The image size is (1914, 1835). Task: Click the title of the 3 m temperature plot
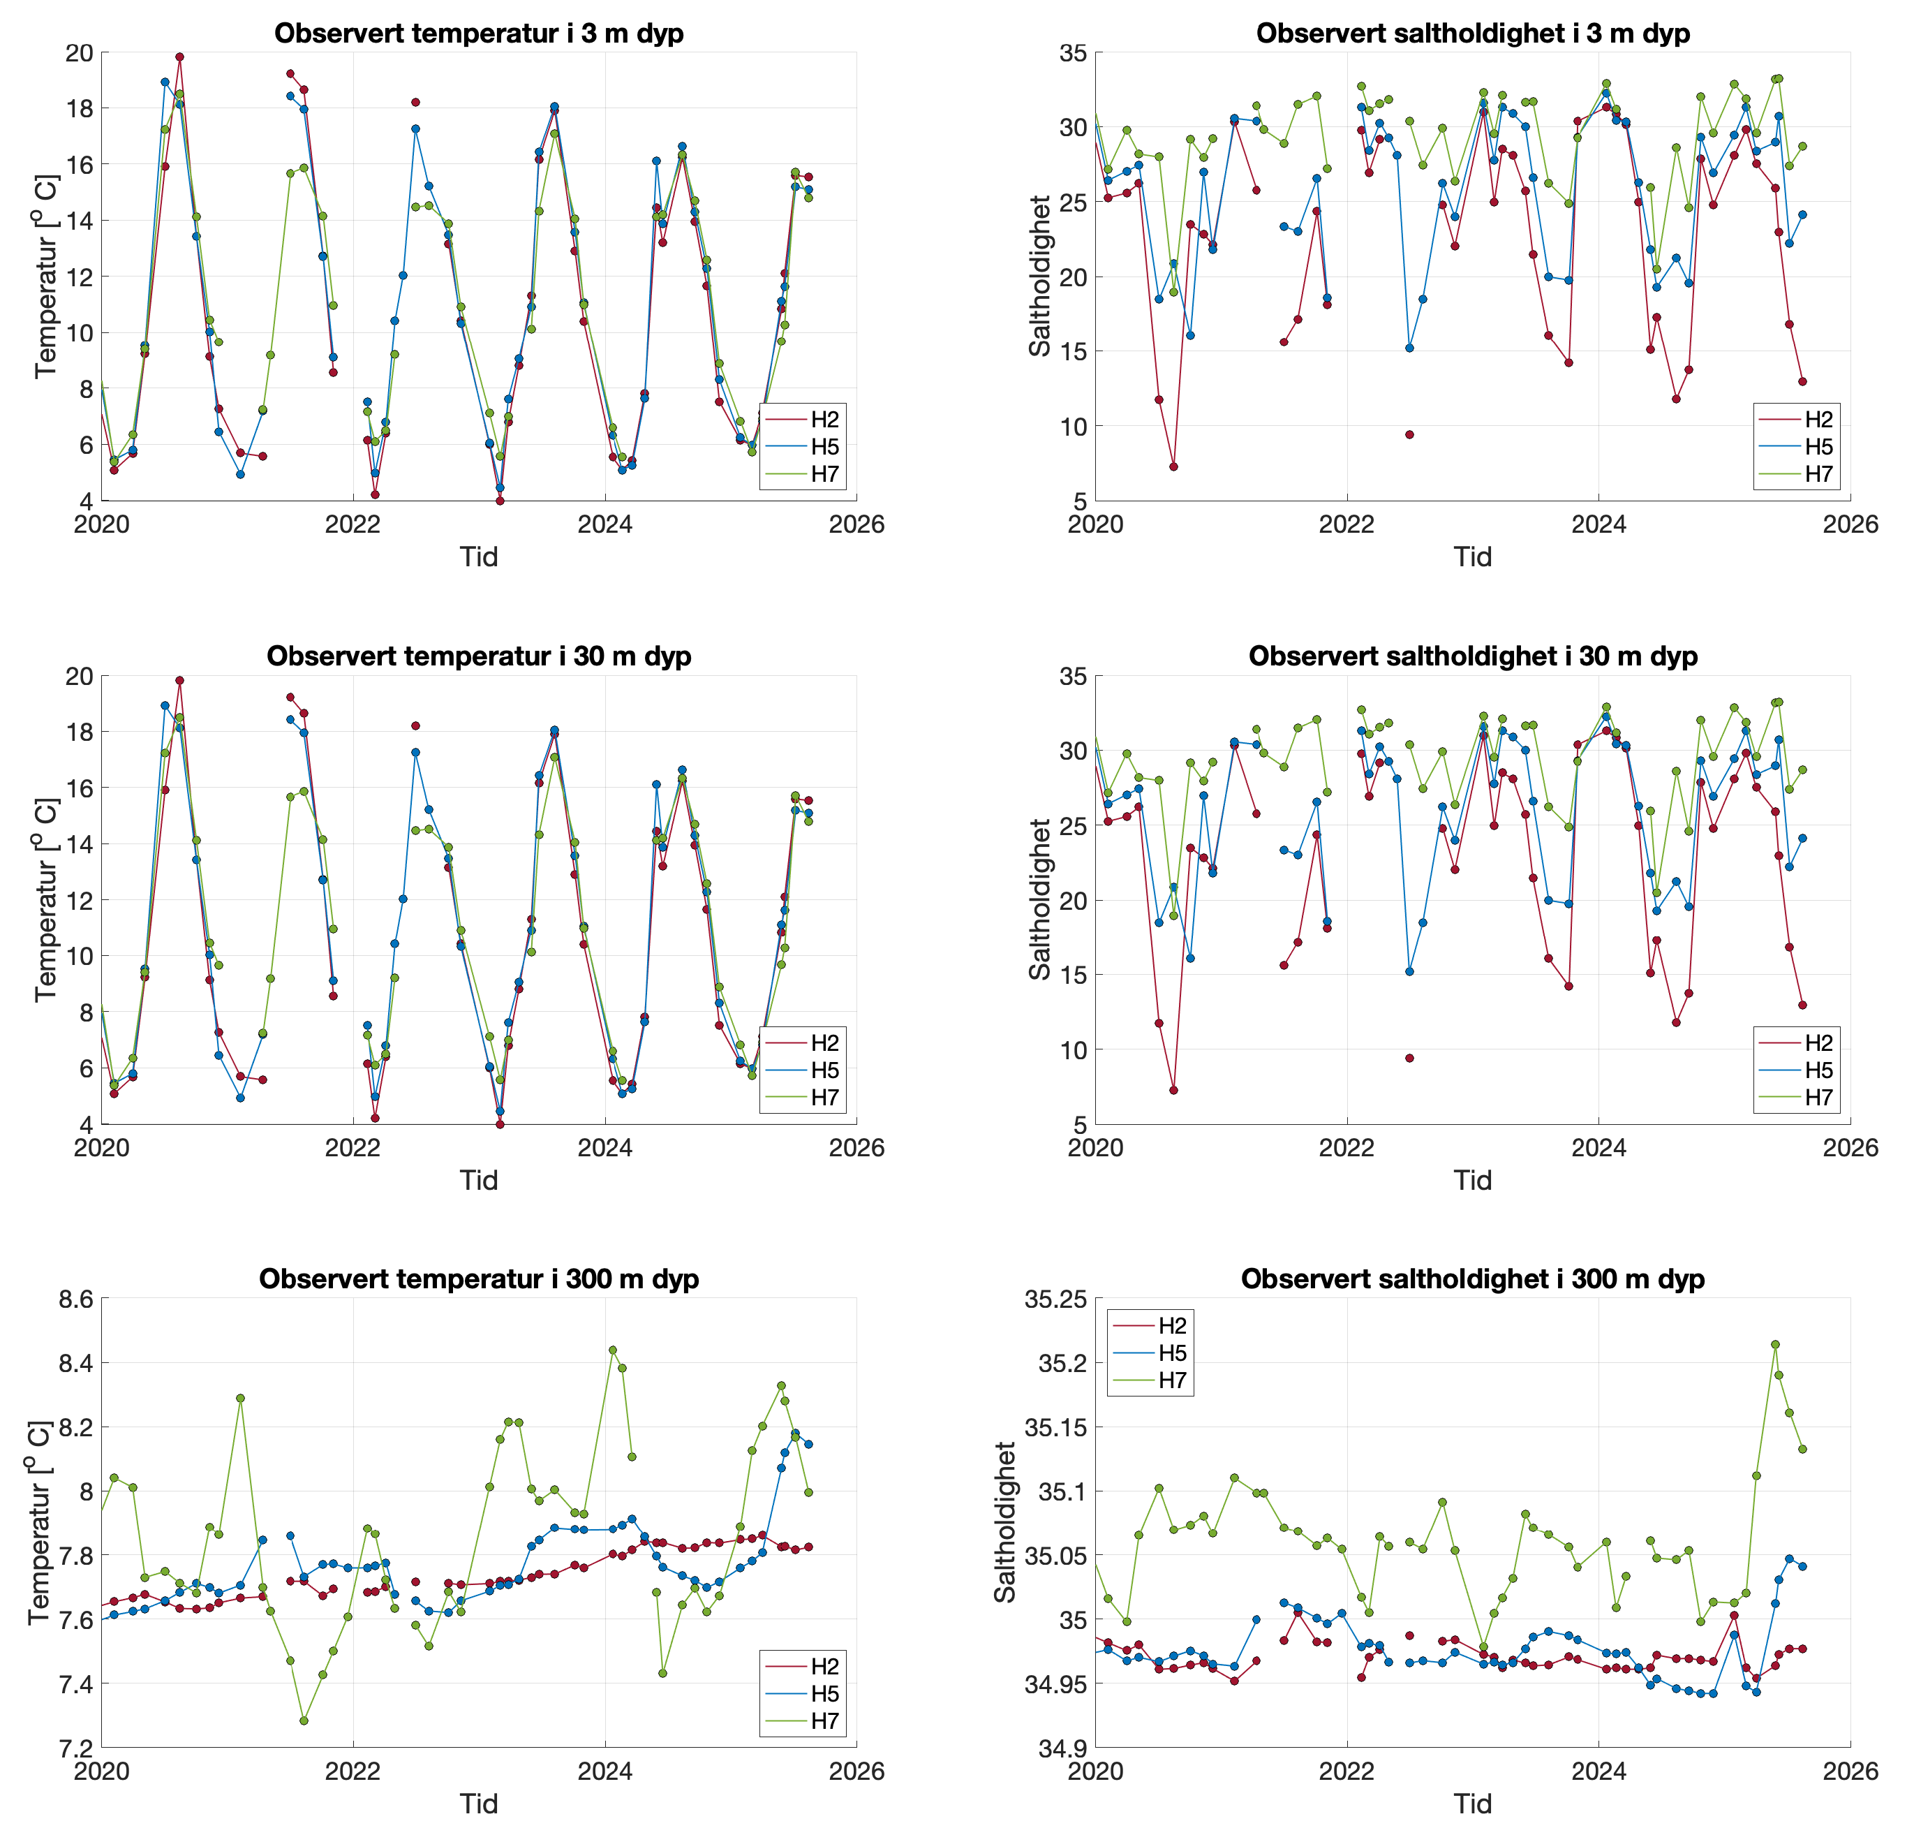479,34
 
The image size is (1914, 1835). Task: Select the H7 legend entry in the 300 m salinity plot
1171,1380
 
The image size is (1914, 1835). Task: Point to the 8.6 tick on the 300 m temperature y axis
75,1300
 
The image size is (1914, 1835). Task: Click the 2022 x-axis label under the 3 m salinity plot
1347,525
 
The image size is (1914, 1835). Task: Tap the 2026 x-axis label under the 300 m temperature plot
856,1772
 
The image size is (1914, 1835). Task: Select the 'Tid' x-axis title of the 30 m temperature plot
479,1181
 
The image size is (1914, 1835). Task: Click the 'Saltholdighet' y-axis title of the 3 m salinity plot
1040,277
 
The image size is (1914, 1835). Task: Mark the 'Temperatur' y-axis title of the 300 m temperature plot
39,1524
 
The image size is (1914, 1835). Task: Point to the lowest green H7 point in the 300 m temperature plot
304,1720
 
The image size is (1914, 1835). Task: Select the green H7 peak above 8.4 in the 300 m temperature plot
612,1350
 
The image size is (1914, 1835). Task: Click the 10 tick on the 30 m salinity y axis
1072,1050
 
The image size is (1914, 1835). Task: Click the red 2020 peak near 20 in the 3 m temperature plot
179,57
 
